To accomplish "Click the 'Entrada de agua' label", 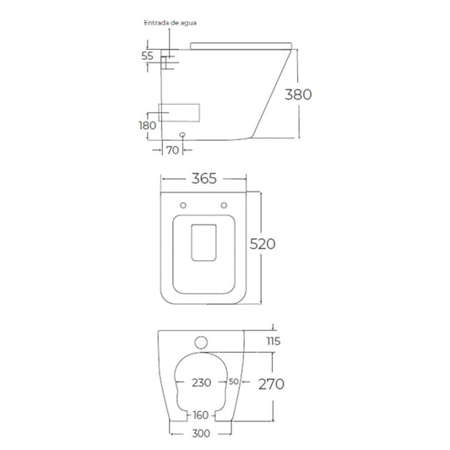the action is point(171,23).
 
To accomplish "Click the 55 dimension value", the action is point(148,56).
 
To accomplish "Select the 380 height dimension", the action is point(298,95).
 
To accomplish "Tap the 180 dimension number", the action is point(148,126).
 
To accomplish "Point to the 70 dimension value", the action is point(172,150).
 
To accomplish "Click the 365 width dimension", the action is point(204,178).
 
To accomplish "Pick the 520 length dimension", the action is point(263,244).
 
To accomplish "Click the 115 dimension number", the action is point(274,341).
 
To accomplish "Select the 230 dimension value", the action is point(202,382).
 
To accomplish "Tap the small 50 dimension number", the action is point(234,382).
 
